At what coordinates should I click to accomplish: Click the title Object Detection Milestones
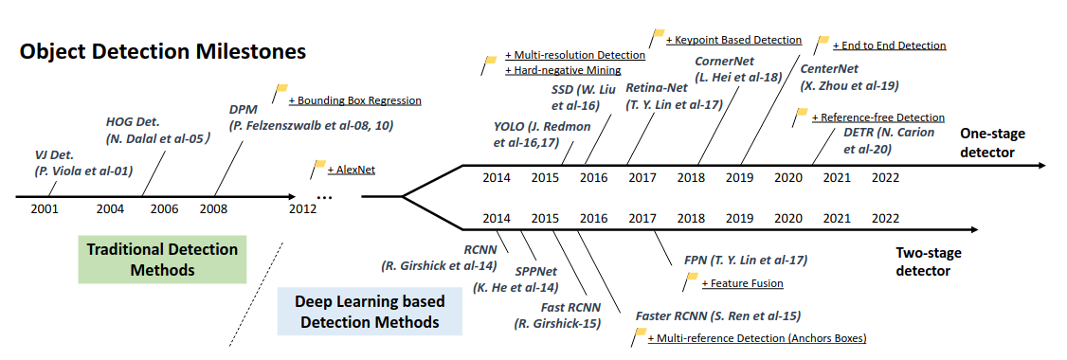163,51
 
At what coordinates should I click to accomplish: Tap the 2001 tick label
45,209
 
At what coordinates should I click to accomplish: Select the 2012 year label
303,209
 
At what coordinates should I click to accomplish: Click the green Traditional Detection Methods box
162,260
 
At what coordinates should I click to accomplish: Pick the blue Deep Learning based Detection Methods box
371,312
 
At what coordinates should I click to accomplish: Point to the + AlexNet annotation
352,170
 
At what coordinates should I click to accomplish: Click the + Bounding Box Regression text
354,99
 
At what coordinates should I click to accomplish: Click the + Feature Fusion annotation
742,283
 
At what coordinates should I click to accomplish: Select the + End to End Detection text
888,45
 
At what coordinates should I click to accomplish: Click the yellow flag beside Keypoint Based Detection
658,37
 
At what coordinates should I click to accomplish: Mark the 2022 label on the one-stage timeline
886,177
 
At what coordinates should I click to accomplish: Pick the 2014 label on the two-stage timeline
496,218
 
